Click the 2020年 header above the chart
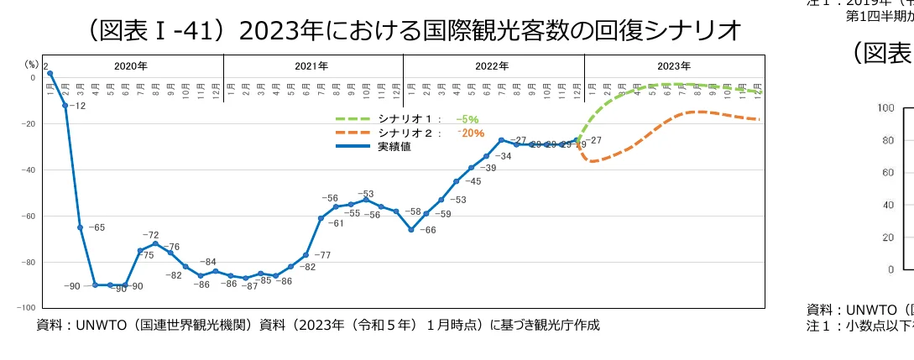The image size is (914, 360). click(x=131, y=65)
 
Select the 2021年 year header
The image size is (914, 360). click(x=312, y=65)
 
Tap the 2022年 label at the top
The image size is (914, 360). click(x=493, y=65)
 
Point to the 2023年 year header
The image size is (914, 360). click(x=674, y=65)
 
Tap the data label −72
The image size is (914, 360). click(x=150, y=235)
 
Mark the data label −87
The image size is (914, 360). click(x=249, y=286)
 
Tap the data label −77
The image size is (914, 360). click(x=321, y=255)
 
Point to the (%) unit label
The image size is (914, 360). click(x=30, y=64)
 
